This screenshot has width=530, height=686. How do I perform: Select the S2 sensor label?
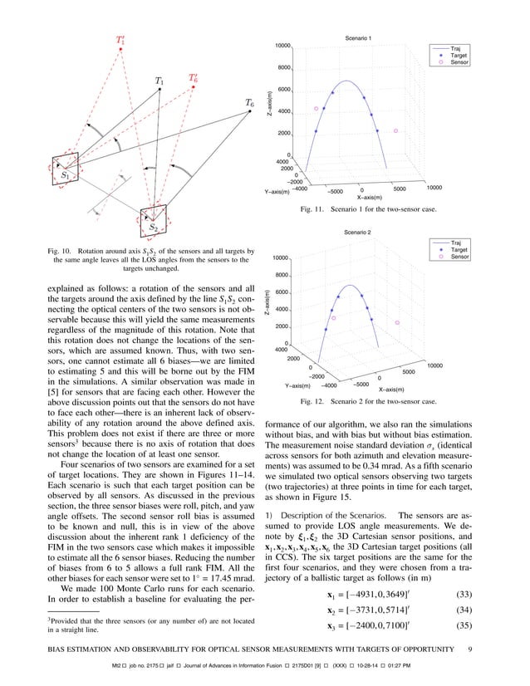click(x=153, y=227)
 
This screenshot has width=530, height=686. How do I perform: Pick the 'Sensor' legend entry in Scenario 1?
click(x=457, y=63)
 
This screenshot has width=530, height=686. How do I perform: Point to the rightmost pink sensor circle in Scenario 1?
click(x=396, y=130)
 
